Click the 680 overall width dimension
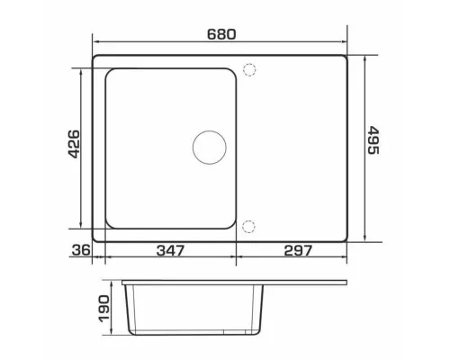[x=221, y=34]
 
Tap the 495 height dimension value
[x=373, y=140]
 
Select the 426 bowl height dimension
[x=74, y=144]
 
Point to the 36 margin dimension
[x=81, y=250]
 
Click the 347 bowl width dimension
[x=170, y=250]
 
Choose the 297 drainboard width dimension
[x=298, y=250]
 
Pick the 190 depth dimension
[x=104, y=309]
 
